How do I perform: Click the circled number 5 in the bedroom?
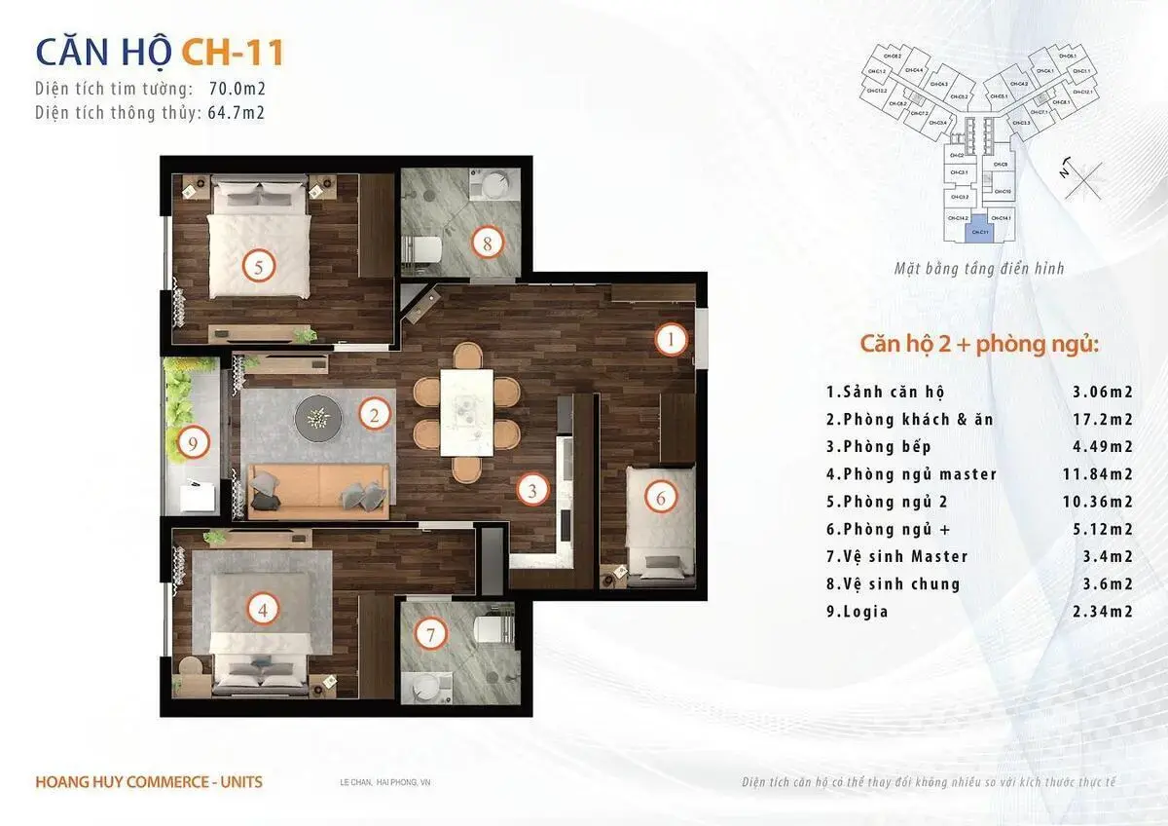click(x=258, y=266)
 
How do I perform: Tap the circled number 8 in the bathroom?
click(x=488, y=243)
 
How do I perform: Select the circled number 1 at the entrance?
click(x=671, y=339)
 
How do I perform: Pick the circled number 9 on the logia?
click(x=194, y=444)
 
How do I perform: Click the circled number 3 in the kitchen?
click(x=531, y=489)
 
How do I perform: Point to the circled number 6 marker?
click(x=660, y=498)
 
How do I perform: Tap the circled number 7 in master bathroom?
click(x=430, y=635)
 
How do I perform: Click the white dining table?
click(x=466, y=411)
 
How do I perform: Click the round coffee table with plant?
click(x=318, y=418)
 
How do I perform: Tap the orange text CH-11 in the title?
click(x=233, y=53)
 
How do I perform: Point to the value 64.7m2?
click(x=237, y=112)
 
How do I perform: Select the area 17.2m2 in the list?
click(x=1109, y=420)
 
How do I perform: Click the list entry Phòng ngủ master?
click(x=911, y=474)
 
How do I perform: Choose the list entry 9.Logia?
click(x=857, y=612)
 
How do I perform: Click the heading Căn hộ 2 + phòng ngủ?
click(x=979, y=345)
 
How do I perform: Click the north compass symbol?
click(x=1080, y=178)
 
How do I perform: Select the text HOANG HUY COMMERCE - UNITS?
click(x=148, y=781)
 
